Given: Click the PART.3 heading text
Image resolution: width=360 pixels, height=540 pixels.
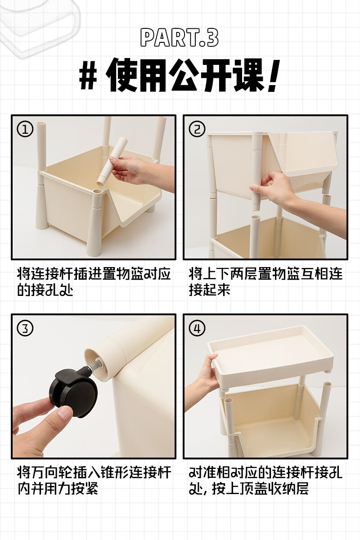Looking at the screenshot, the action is (179, 38).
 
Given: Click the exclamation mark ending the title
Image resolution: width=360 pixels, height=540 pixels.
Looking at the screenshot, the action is (274, 76).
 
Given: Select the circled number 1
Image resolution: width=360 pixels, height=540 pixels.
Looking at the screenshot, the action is (25, 129).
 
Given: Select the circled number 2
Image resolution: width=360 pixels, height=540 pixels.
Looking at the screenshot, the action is (197, 129).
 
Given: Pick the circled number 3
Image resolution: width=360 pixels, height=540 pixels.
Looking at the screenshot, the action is (25, 328).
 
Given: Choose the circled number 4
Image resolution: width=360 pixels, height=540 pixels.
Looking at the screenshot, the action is (197, 328).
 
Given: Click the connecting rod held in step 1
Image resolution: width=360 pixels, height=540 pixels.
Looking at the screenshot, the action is (112, 161).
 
